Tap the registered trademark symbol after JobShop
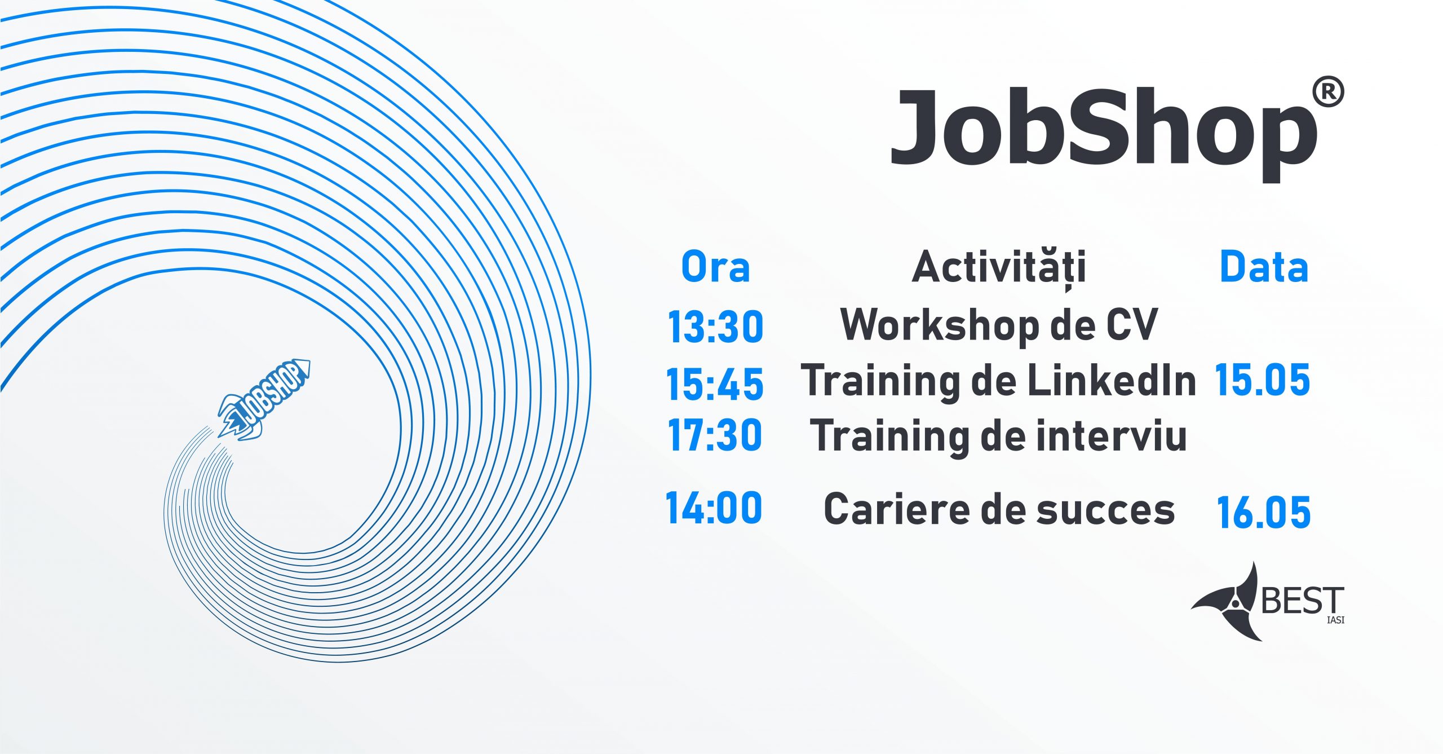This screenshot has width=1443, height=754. point(1328,92)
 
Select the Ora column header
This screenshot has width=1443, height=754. point(715,267)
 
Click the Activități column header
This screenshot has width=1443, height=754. point(998,269)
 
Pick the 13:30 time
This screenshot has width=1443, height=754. point(715,327)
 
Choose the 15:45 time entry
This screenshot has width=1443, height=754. point(715,384)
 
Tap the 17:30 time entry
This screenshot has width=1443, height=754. point(715,435)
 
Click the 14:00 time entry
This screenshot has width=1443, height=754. point(714,508)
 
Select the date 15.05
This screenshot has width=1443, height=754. point(1263,380)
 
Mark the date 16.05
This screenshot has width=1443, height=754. point(1264,513)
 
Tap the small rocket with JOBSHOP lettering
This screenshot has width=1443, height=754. point(264,400)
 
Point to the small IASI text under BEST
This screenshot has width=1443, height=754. point(1335,620)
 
